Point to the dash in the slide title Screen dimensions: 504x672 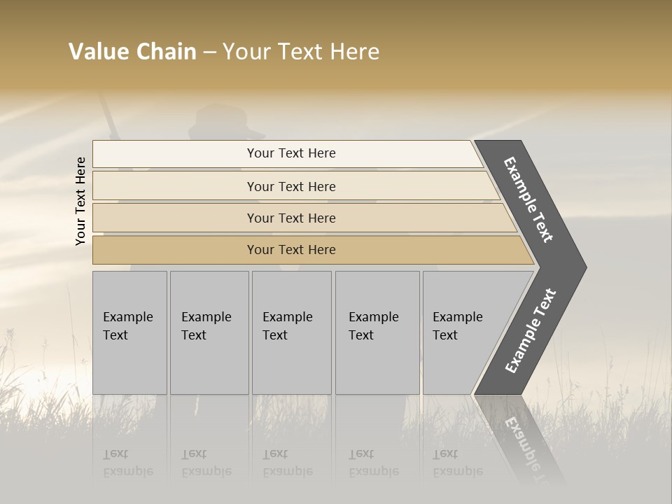[x=209, y=52]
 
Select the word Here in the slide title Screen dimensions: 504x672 [x=354, y=52]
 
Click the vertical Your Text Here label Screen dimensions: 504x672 [x=80, y=201]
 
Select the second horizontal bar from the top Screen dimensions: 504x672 [x=290, y=186]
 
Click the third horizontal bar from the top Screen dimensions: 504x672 [x=290, y=218]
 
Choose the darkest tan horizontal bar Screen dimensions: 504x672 [x=290, y=250]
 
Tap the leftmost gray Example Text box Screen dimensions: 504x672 [x=129, y=332]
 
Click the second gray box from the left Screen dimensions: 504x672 [x=209, y=332]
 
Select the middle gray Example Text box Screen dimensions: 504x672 [x=291, y=332]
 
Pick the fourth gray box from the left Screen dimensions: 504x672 [x=377, y=332]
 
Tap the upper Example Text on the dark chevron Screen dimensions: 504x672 [x=528, y=199]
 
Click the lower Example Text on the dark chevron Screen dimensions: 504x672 [x=531, y=330]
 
